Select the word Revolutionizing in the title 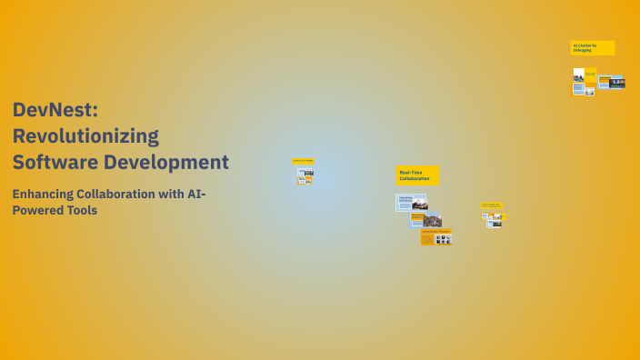click(x=85, y=136)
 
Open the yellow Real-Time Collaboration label click(x=417, y=175)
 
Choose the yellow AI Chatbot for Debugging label click(x=592, y=47)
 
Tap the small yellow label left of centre click(x=303, y=161)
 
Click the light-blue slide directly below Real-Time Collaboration click(x=411, y=202)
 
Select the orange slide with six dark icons click(x=436, y=237)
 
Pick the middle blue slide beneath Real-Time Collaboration click(x=425, y=220)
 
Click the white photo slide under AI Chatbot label click(x=578, y=74)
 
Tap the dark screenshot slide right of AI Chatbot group click(x=616, y=82)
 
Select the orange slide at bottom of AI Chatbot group click(x=578, y=89)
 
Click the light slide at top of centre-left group click(x=305, y=171)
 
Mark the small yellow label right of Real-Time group click(x=492, y=205)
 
